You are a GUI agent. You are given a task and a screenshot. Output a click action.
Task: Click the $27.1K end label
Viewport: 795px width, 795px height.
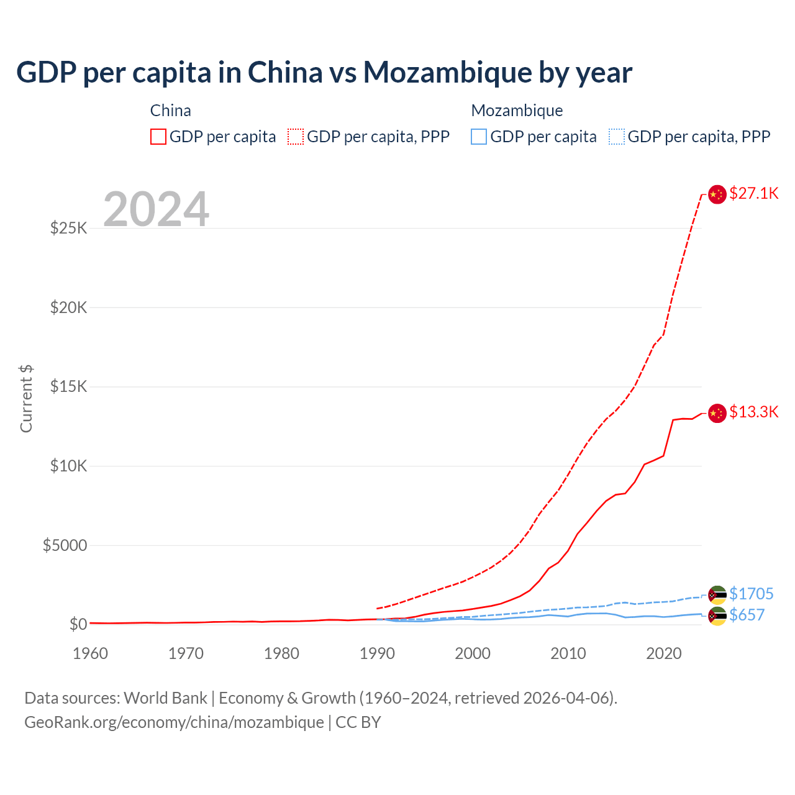click(753, 193)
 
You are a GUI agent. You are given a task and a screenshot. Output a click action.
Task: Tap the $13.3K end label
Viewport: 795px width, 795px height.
click(753, 412)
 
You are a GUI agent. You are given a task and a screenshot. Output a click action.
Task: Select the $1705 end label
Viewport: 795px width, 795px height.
click(752, 594)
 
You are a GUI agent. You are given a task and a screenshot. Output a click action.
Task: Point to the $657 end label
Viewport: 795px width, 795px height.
click(747, 615)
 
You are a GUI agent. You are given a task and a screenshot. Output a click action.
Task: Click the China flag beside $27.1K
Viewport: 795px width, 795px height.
click(717, 194)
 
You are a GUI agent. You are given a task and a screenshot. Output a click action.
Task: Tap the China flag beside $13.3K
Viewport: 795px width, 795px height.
click(717, 413)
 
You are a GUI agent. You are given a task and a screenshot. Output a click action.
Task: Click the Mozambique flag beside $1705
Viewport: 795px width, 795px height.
click(717, 594)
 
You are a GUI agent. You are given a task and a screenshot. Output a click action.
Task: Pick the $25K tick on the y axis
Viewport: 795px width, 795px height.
click(69, 228)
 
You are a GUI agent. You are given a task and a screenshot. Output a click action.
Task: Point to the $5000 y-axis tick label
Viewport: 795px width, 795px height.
click(65, 545)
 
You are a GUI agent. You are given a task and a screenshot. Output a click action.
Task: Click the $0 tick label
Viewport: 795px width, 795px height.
click(78, 624)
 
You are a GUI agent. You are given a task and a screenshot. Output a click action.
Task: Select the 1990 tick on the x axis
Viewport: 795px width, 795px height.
click(377, 653)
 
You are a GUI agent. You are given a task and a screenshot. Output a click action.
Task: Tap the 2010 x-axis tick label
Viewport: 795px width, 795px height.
click(568, 653)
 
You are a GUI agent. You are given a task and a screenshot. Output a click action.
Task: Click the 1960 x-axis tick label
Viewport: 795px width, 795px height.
click(91, 653)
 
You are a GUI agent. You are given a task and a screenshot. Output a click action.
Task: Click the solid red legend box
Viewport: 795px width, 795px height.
click(158, 137)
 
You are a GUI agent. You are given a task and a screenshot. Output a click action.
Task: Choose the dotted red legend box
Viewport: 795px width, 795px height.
click(296, 137)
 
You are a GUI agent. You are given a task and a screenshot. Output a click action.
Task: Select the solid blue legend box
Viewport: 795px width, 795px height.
click(479, 137)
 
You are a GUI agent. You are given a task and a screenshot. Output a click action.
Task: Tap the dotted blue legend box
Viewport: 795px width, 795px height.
click(617, 137)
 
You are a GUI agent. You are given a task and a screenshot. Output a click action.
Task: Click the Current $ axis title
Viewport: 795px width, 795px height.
click(26, 398)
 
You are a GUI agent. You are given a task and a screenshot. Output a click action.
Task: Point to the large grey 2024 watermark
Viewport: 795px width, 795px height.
click(156, 209)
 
